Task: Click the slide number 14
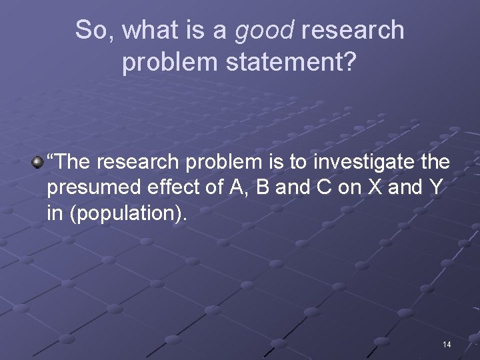[x=446, y=344]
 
